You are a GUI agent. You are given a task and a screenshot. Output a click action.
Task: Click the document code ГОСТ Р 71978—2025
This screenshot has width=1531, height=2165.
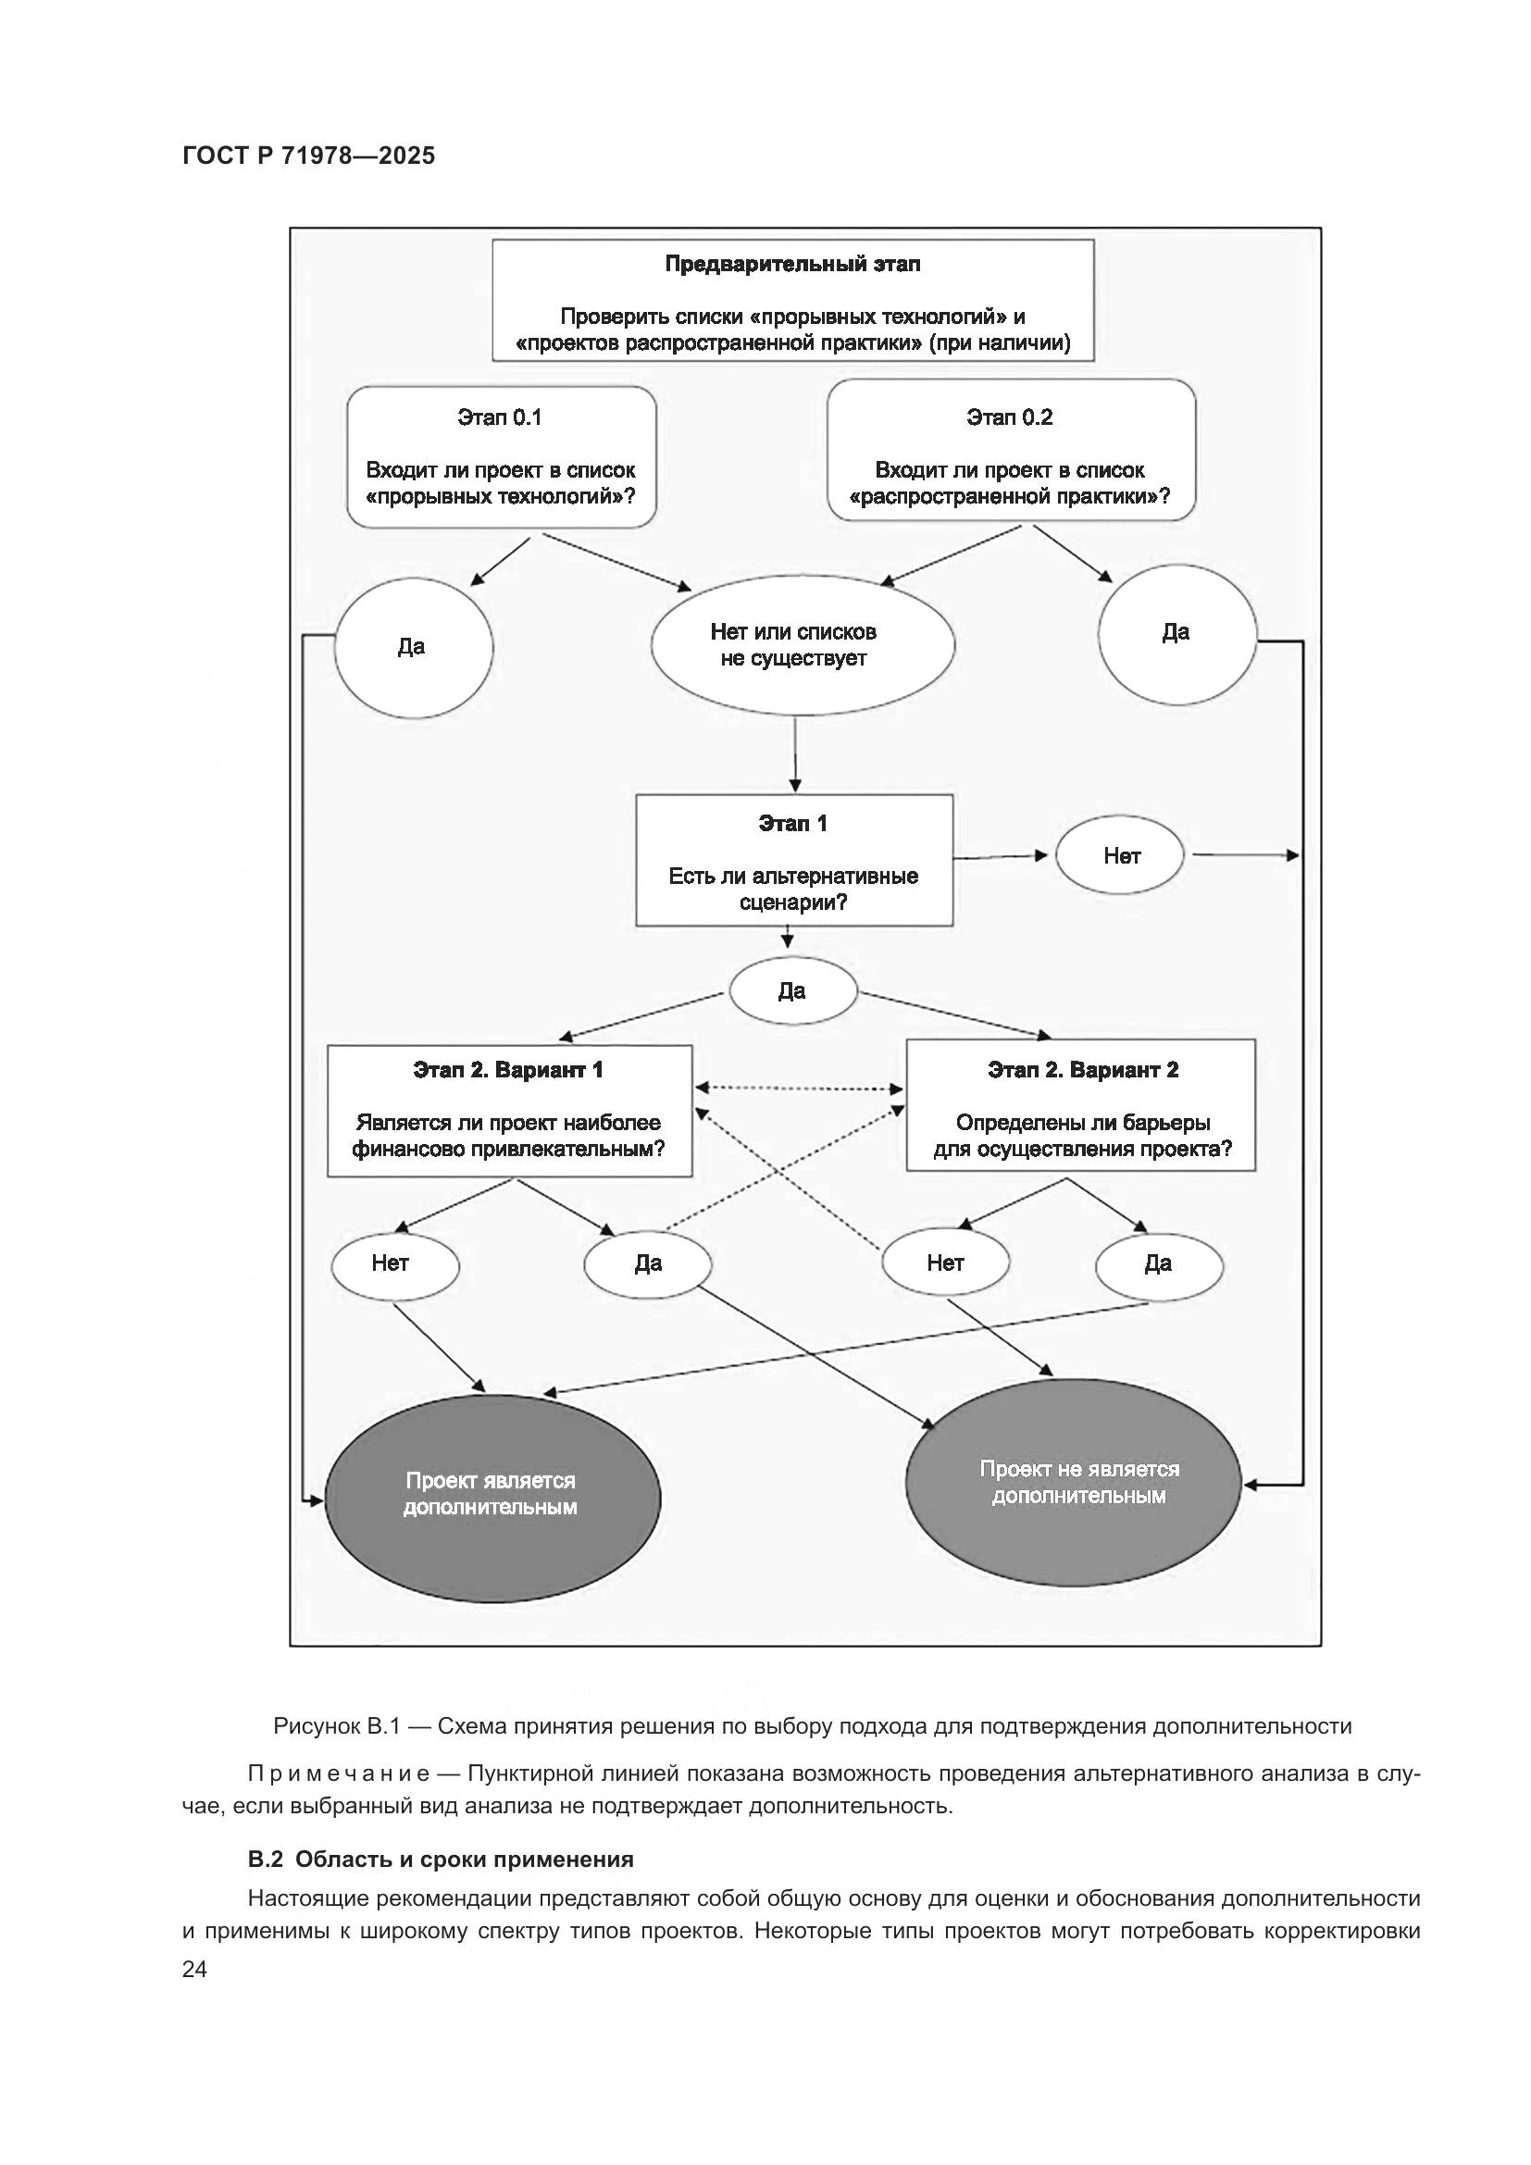[309, 156]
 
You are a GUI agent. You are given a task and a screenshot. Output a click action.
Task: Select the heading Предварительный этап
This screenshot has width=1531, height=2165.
[792, 265]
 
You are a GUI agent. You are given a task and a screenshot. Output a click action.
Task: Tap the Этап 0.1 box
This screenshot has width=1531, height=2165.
[501, 457]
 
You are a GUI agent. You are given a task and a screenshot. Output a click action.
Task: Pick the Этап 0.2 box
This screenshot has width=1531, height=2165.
[1011, 451]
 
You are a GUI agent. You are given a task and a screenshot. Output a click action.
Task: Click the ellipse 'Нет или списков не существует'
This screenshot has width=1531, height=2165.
[803, 645]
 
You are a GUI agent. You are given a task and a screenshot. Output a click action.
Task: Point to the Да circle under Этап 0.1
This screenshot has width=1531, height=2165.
[413, 647]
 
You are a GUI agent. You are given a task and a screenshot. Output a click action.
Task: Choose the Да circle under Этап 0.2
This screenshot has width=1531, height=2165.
[1176, 634]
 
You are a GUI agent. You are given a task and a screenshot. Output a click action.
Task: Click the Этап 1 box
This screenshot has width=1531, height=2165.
[794, 860]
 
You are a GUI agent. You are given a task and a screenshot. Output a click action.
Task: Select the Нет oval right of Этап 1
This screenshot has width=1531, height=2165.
[1121, 856]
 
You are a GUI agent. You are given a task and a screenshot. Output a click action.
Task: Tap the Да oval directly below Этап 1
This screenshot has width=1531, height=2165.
[792, 991]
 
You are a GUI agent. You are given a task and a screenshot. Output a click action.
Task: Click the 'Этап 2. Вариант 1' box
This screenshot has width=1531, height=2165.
[509, 1110]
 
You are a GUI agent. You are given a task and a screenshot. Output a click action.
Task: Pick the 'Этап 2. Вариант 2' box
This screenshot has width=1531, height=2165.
[1081, 1104]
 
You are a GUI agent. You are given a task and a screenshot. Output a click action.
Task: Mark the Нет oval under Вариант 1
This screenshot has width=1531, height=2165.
[393, 1263]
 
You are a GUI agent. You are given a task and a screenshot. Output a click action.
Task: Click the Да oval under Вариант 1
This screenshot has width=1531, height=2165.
[648, 1263]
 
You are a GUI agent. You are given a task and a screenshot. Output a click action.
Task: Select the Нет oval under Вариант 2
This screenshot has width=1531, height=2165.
[946, 1263]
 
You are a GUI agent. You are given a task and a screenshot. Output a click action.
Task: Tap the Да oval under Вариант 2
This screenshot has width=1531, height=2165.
[1159, 1263]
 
